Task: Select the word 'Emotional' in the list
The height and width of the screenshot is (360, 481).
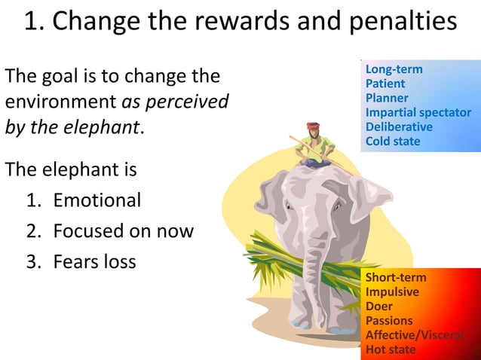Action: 97,200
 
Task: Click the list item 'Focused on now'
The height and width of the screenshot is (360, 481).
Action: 123,231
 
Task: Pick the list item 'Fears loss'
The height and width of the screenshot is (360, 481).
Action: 94,262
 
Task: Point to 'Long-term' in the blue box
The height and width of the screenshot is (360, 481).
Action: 394,69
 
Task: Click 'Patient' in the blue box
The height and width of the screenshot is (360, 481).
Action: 384,84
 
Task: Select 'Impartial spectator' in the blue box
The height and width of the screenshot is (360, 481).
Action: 418,112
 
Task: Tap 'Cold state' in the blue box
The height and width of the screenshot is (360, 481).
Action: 393,141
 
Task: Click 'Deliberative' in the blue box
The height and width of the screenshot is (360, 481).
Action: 399,127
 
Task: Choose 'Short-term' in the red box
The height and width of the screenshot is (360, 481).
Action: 395,277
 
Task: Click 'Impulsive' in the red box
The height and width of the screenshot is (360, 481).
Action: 392,291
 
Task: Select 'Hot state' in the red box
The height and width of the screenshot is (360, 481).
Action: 390,349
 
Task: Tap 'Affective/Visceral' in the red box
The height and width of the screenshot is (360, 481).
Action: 414,335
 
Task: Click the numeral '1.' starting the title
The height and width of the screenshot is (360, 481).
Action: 33,21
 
